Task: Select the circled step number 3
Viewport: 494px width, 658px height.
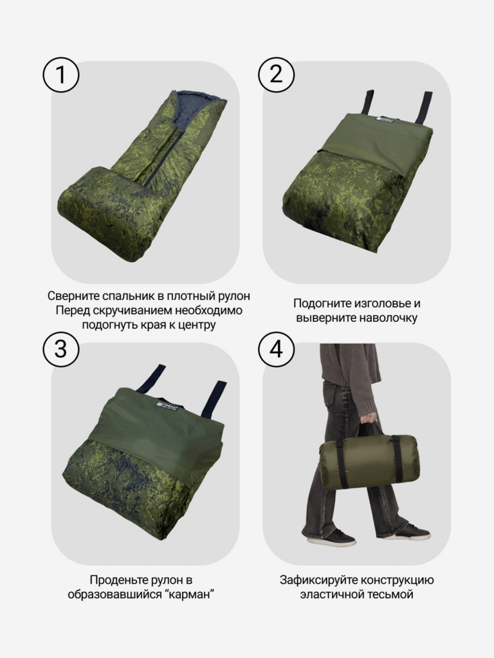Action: (x=61, y=349)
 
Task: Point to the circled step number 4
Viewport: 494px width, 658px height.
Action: (x=277, y=349)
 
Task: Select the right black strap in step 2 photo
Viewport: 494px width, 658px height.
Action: (x=425, y=106)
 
